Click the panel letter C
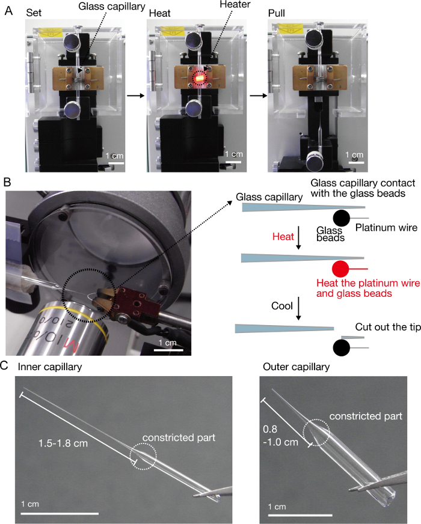point(8,364)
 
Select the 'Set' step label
point(32,13)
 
